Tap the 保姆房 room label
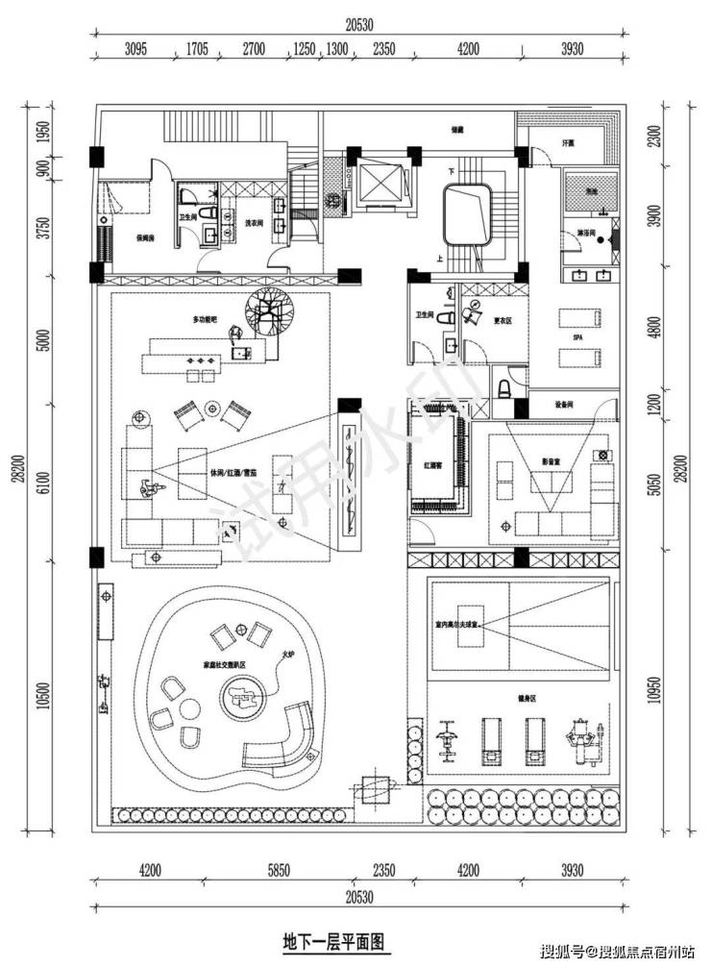[121, 236]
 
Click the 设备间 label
[565, 405]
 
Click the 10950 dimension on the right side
[656, 687]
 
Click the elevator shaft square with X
[382, 180]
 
